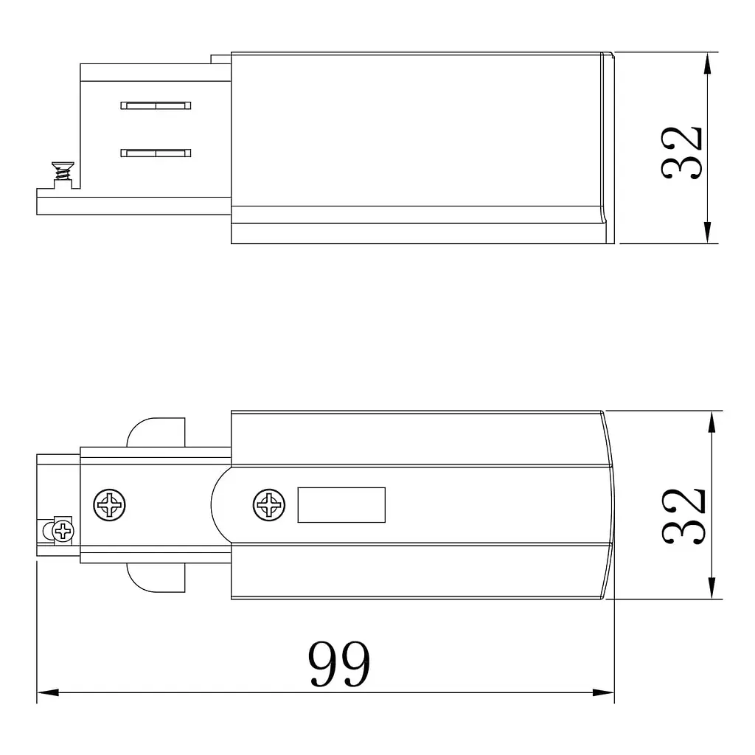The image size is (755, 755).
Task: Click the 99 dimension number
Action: (339, 664)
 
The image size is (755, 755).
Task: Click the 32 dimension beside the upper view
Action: (681, 153)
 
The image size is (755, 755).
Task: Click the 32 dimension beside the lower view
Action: (683, 516)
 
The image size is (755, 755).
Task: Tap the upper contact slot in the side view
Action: (156, 105)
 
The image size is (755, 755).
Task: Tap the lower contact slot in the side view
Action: (156, 153)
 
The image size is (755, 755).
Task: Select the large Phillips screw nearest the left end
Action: (109, 505)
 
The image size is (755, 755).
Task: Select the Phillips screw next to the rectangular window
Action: (268, 505)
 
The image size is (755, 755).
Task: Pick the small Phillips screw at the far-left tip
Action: (63, 532)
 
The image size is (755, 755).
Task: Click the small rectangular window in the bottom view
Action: (341, 504)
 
